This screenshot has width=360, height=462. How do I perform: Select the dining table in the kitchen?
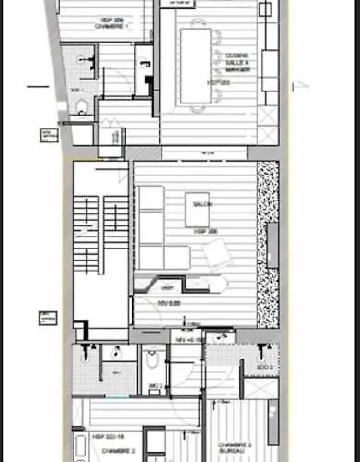pyautogui.click(x=197, y=66)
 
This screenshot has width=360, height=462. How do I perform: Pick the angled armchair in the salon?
pyautogui.click(x=218, y=250)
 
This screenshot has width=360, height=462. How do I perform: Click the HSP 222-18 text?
pyautogui.click(x=108, y=434)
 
